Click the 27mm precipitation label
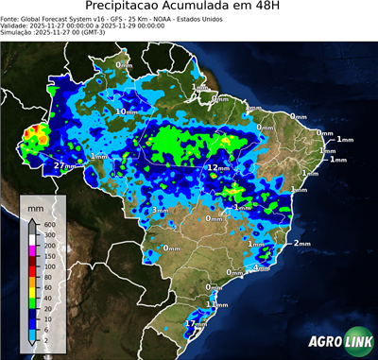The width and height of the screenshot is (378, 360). point(63,165)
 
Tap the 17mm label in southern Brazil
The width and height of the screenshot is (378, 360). point(196,323)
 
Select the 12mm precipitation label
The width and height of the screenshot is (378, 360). point(218,167)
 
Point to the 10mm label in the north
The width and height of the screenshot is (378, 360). point(126,111)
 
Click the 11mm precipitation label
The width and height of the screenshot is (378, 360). point(218,304)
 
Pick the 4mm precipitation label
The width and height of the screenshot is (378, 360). point(262,267)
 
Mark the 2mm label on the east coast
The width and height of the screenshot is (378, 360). point(301,243)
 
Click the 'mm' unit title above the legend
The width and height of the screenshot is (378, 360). point(35,205)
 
